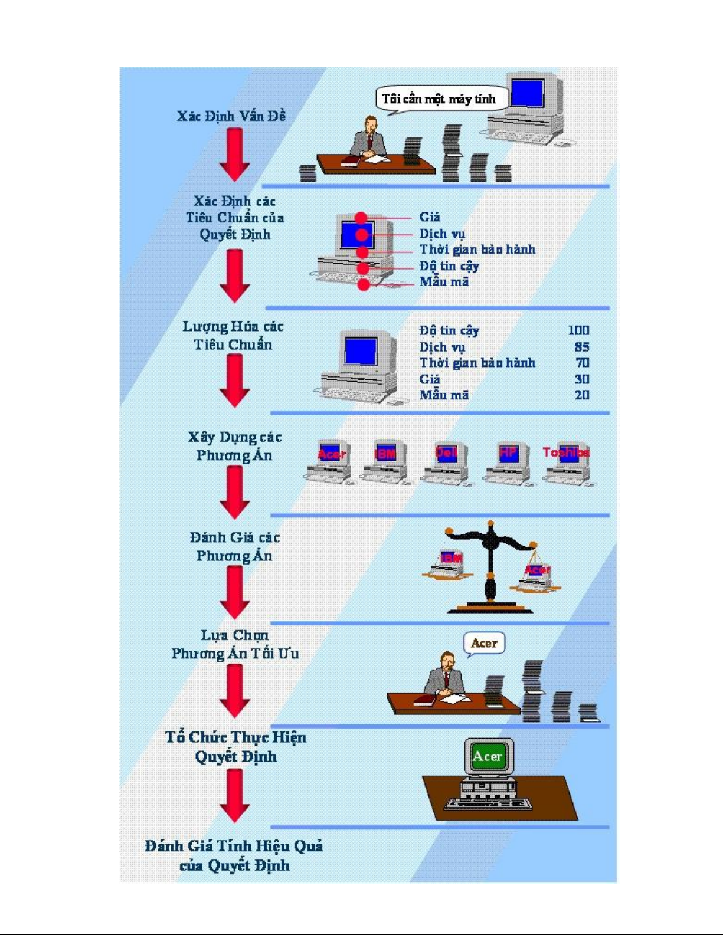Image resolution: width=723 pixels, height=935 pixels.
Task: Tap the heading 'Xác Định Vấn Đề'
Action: tap(231, 116)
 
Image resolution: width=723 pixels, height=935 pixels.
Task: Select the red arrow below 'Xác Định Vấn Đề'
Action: tap(235, 154)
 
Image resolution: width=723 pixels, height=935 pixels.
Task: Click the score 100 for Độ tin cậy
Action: tap(578, 330)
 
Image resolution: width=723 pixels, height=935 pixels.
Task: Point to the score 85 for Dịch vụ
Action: tap(581, 347)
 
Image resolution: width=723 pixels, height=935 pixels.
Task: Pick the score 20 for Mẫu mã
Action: tap(581, 395)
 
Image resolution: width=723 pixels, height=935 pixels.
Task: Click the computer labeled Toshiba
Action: tap(567, 463)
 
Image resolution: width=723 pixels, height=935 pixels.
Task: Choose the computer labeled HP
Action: tap(508, 463)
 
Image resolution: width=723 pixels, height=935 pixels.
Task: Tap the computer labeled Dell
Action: tap(446, 463)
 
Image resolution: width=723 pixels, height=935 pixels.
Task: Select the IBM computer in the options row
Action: tap(385, 463)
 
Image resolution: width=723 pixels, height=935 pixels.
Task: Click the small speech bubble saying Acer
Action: tap(484, 643)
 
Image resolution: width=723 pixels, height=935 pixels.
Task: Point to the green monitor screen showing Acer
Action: tap(488, 756)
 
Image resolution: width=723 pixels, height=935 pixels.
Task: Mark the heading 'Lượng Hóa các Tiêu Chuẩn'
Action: tap(233, 335)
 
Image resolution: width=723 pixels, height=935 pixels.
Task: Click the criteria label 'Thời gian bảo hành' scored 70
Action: tap(477, 363)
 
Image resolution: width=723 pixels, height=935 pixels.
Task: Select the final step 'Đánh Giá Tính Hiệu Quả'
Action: tap(234, 855)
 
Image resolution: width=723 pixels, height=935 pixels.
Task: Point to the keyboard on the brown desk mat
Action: tap(488, 803)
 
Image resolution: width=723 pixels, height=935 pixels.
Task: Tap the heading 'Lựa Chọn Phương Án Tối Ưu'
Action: tap(235, 644)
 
